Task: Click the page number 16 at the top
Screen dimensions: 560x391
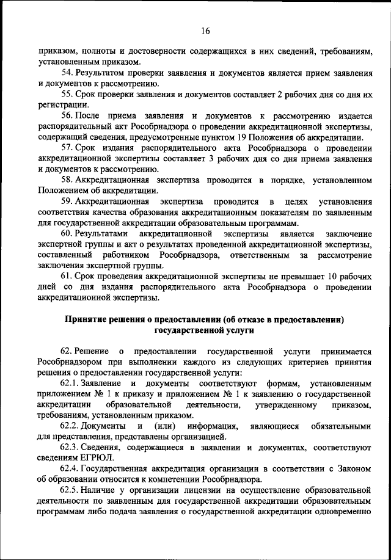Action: coord(205,32)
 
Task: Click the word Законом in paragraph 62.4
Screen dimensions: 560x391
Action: coord(354,468)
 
